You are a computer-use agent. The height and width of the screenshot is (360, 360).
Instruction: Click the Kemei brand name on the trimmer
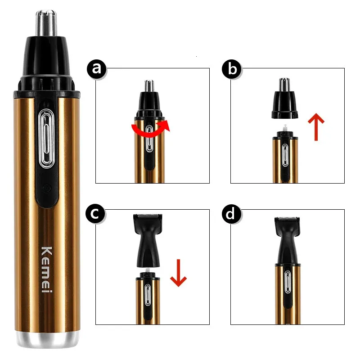tap(47, 270)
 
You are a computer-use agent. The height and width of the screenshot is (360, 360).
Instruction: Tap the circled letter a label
tap(97, 69)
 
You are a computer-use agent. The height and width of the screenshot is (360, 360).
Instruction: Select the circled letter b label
tap(232, 69)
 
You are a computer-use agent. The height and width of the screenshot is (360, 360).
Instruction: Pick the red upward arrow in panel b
tap(316, 126)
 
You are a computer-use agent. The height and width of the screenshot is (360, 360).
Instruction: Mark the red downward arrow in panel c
tap(178, 273)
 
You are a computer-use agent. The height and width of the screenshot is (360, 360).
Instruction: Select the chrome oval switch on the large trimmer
tap(47, 138)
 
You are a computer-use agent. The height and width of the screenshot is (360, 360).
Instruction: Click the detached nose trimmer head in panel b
tap(285, 98)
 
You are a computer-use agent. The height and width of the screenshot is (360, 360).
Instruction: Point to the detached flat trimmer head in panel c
tap(148, 240)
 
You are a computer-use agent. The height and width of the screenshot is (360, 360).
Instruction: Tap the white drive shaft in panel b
tap(285, 127)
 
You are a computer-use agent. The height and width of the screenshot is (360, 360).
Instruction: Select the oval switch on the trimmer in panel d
tap(288, 282)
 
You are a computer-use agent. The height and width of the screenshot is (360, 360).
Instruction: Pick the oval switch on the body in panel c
tap(148, 295)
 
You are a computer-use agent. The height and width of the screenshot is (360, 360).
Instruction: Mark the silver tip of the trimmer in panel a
tap(149, 85)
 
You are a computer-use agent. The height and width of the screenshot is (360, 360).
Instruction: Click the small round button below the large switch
tap(47, 188)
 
